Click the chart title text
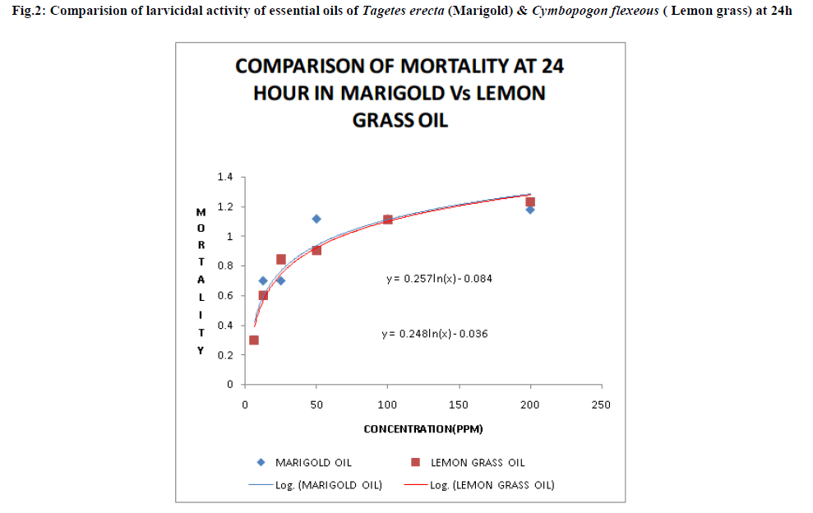click(400, 92)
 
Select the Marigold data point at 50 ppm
click(316, 219)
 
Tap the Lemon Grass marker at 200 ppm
click(530, 201)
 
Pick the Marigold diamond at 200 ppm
click(530, 210)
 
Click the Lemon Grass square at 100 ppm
click(388, 220)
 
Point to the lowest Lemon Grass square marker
click(254, 340)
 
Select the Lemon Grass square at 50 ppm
click(316, 250)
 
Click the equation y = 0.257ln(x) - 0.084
click(439, 279)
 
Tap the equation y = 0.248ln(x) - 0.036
click(435, 334)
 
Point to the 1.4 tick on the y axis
click(225, 177)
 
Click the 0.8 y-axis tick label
click(225, 266)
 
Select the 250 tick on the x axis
click(602, 404)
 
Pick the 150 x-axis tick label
click(459, 404)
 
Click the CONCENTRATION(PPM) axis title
click(423, 429)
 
